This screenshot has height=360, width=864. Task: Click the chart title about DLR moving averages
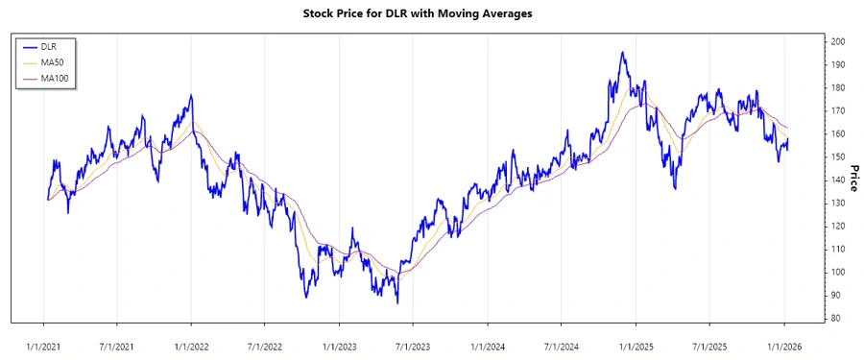(x=431, y=14)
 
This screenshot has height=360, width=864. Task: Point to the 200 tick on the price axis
(x=838, y=42)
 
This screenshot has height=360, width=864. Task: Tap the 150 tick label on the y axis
(x=838, y=157)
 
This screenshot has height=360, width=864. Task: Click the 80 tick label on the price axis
(x=838, y=319)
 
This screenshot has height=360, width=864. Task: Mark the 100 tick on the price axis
(x=838, y=273)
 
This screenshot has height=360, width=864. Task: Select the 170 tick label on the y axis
(x=838, y=111)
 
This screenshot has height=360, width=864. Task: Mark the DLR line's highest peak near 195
(x=622, y=53)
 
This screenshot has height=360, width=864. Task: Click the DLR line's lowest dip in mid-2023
(x=397, y=303)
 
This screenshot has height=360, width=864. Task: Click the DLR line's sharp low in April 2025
(x=675, y=188)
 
